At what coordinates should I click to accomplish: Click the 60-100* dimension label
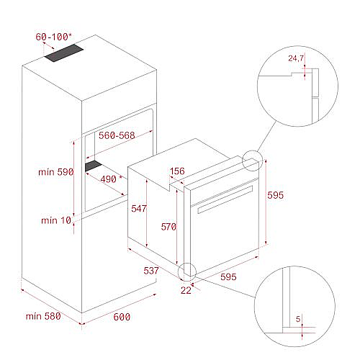tap(53, 37)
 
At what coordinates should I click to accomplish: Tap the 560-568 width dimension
tap(117, 135)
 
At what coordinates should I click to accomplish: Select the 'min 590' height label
tap(56, 172)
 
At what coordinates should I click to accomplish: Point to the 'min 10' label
tap(56, 220)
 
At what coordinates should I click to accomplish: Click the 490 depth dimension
tap(108, 179)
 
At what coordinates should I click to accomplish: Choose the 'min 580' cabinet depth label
tap(43, 316)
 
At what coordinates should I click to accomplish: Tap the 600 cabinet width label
tap(122, 317)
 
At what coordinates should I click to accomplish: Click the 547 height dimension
tap(139, 208)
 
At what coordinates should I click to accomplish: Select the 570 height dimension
tap(168, 227)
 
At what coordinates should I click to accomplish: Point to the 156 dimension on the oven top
tap(177, 171)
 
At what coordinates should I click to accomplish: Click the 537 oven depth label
tap(151, 271)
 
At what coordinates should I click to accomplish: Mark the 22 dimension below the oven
tap(186, 290)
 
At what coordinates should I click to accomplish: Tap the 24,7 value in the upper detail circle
tap(296, 58)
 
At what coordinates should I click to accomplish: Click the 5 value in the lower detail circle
tap(298, 319)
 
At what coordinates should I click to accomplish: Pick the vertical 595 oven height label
tap(276, 195)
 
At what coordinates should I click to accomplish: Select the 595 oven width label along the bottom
tap(228, 276)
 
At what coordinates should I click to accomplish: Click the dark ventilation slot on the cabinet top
tap(63, 53)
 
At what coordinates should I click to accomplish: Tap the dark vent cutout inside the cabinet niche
tap(94, 166)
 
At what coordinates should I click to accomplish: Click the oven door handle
tap(225, 199)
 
